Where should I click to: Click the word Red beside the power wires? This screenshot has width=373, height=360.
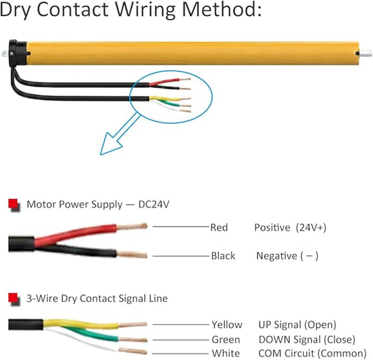[219, 227]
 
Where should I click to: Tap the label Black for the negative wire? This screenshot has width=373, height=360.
[223, 256]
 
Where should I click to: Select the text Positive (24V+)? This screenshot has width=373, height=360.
[290, 228]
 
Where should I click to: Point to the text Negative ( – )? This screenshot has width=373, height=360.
[287, 256]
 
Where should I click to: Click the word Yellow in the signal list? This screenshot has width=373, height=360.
[227, 324]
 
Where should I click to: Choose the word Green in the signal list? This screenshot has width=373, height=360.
[226, 340]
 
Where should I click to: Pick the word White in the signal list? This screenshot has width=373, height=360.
[226, 353]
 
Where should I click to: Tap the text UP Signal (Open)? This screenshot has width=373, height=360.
[297, 325]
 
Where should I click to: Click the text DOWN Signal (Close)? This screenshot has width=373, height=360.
[307, 340]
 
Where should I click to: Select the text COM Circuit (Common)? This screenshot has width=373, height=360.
[312, 353]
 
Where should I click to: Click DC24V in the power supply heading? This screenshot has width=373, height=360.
[154, 204]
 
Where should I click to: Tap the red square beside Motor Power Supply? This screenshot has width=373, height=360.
[13, 204]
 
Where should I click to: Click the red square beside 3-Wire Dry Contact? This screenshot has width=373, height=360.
[13, 298]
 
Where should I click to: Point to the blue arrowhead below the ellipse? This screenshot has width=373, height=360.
[110, 145]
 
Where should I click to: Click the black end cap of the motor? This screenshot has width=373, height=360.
[17, 53]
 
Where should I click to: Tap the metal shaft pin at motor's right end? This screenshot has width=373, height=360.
[365, 53]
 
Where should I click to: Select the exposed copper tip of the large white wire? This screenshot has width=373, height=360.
[133, 350]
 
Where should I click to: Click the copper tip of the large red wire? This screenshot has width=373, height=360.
[132, 226]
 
